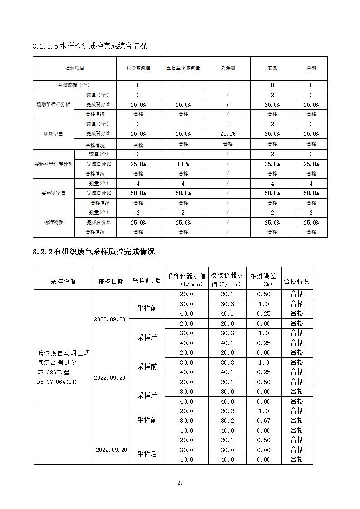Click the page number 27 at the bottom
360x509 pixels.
click(180, 483)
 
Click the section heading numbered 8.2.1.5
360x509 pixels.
click(90, 46)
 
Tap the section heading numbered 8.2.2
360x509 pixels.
click(94, 251)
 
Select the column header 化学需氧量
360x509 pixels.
click(138, 68)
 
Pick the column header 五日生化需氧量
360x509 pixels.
click(183, 68)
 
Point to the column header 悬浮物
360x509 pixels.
click(228, 68)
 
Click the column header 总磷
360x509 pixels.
click(311, 68)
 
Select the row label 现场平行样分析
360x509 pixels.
click(54, 104)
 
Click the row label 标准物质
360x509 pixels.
click(54, 222)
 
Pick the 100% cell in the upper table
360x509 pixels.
click(183, 164)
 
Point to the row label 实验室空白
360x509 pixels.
click(54, 193)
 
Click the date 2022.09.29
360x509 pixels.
click(109, 377)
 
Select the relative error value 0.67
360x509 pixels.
click(264, 421)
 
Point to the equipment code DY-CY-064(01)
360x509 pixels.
click(57, 382)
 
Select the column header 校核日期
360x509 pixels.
click(111, 281)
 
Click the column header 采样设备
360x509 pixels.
click(64, 281)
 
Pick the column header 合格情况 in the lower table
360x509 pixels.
click(297, 281)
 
